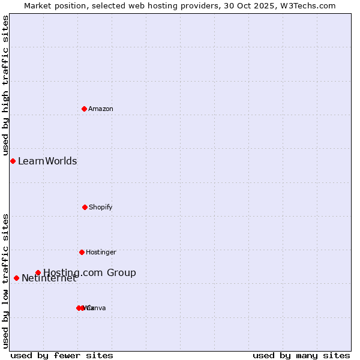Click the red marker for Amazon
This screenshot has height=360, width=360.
click(x=85, y=109)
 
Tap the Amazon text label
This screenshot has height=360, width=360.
click(x=101, y=109)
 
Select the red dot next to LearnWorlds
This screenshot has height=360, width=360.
click(x=13, y=161)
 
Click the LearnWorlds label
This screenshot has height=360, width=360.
click(x=47, y=161)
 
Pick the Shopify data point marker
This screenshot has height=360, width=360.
click(x=85, y=207)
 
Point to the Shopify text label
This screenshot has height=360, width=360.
click(x=101, y=207)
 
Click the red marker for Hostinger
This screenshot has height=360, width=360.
click(x=82, y=252)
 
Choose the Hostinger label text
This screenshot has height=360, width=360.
click(x=101, y=252)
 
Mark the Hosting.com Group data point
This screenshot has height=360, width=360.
click(x=38, y=272)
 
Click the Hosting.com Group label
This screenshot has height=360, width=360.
click(x=89, y=272)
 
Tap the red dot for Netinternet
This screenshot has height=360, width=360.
click(x=16, y=278)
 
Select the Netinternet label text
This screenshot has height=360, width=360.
click(x=49, y=278)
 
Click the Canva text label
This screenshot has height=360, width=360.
click(x=98, y=308)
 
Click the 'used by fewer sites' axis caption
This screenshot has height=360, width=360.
click(x=62, y=355)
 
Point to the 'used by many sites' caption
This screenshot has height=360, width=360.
click(x=301, y=355)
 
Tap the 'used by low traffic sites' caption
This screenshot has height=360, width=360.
click(x=5, y=280)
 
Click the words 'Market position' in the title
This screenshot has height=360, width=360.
click(x=55, y=5)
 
